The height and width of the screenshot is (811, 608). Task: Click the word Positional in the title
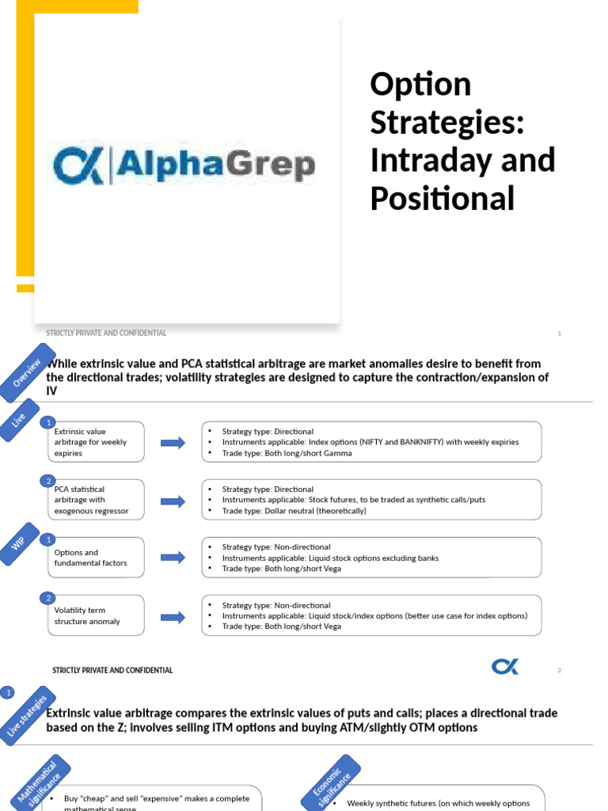click(x=443, y=198)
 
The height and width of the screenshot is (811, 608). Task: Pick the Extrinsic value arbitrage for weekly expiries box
click(x=97, y=442)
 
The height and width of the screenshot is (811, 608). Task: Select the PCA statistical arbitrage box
click(x=97, y=501)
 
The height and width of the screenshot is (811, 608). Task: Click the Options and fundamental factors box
click(x=97, y=558)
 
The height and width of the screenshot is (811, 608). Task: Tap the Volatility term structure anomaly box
click(x=97, y=616)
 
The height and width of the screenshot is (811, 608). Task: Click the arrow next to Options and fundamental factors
click(x=173, y=558)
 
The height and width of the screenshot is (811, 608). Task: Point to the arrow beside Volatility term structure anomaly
click(x=173, y=616)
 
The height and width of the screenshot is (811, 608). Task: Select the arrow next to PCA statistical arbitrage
click(x=173, y=501)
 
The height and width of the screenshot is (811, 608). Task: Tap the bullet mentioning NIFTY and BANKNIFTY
click(x=370, y=442)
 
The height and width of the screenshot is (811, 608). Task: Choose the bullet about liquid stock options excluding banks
click(x=330, y=558)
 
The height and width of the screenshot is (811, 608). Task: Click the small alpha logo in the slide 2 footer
click(x=505, y=668)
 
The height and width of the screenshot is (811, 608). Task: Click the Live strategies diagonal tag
click(x=27, y=718)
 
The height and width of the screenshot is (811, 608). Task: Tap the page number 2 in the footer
click(x=559, y=670)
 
